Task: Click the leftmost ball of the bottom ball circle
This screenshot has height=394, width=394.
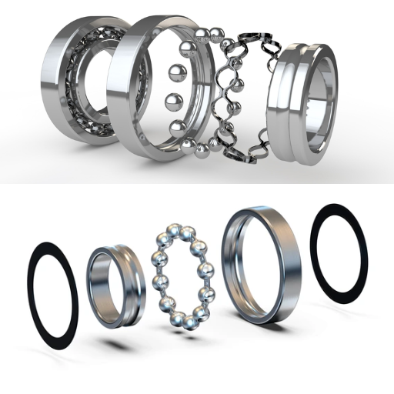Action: pyautogui.click(x=159, y=282)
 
